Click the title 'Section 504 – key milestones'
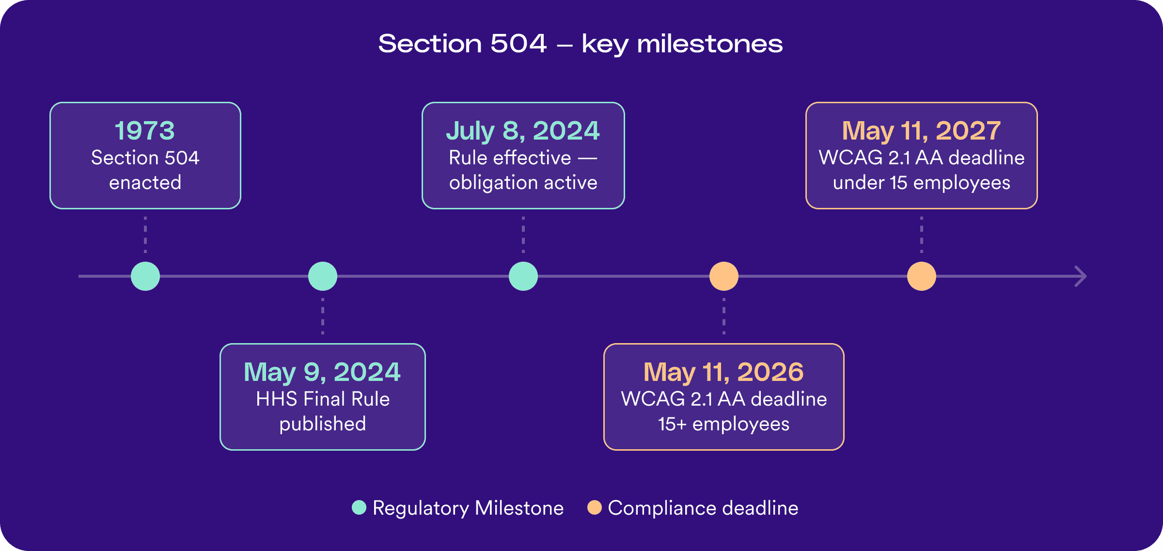pyautogui.click(x=580, y=44)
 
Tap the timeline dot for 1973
pyautogui.click(x=145, y=276)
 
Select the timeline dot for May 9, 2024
pyautogui.click(x=323, y=276)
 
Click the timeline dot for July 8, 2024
pyautogui.click(x=523, y=276)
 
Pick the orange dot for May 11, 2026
pyautogui.click(x=724, y=276)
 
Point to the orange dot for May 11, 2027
pyautogui.click(x=922, y=276)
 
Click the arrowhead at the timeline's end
pyautogui.click(x=1081, y=276)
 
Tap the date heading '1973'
pyautogui.click(x=145, y=131)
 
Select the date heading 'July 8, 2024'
pyautogui.click(x=523, y=131)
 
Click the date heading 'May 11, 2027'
pyautogui.click(x=921, y=131)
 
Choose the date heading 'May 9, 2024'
pyautogui.click(x=322, y=372)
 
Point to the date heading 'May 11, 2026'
pyautogui.click(x=723, y=372)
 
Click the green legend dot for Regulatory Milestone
pyautogui.click(x=359, y=507)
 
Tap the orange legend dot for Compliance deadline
pyautogui.click(x=595, y=507)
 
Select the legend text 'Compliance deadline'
pyautogui.click(x=703, y=508)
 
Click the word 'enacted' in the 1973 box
pyautogui.click(x=145, y=183)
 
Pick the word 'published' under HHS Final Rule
pyautogui.click(x=323, y=424)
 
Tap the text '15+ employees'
pyautogui.click(x=723, y=424)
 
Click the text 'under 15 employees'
pyautogui.click(x=921, y=183)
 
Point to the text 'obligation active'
pyautogui.click(x=523, y=183)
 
